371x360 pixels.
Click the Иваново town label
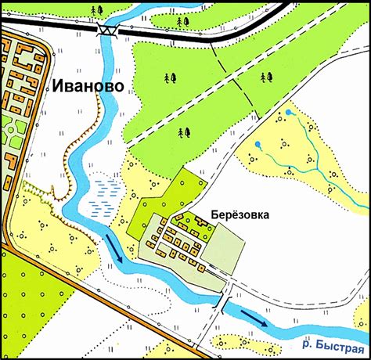(88, 85)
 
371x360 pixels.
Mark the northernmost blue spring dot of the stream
(288, 113)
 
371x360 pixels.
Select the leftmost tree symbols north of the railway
(95, 9)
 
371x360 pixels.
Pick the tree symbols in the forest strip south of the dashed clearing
(185, 131)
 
